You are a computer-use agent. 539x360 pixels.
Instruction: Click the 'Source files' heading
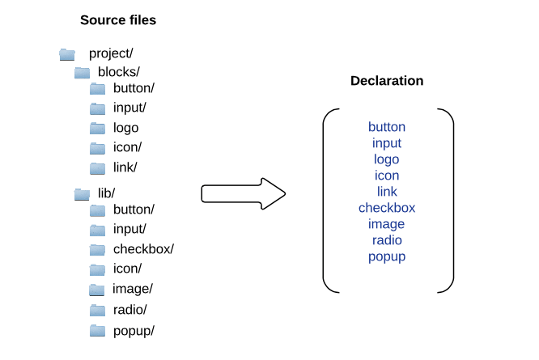[x=118, y=20]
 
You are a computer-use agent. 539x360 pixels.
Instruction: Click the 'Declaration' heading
[x=387, y=82]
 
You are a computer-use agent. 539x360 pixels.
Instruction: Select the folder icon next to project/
[x=67, y=54]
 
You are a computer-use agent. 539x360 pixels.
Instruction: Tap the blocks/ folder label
[x=119, y=72]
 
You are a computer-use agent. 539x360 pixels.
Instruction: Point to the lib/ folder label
[x=106, y=193]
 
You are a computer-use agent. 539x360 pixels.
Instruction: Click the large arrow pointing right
[x=243, y=193]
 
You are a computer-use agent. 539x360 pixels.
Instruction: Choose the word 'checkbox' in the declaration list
[x=387, y=208]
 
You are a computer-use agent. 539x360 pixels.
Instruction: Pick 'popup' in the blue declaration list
[x=387, y=256]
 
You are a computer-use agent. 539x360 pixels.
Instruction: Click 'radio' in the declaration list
[x=387, y=240]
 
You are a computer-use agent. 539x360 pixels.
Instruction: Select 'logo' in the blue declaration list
[x=387, y=159]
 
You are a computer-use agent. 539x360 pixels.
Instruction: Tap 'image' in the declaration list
[x=387, y=224]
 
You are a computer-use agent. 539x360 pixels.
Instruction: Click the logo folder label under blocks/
[x=125, y=128]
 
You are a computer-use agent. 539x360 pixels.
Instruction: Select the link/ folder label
[x=125, y=167]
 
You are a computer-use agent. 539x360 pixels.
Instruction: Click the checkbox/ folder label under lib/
[x=143, y=249]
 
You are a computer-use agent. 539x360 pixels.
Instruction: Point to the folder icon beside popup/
[x=98, y=330]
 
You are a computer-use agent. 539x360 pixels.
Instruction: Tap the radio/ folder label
[x=129, y=310]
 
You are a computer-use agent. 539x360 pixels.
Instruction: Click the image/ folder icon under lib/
[x=98, y=290]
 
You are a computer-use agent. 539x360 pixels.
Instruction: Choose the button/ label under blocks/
[x=134, y=88]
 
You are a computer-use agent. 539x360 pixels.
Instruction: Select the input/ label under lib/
[x=129, y=229]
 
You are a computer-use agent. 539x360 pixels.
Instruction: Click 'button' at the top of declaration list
[x=387, y=127]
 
